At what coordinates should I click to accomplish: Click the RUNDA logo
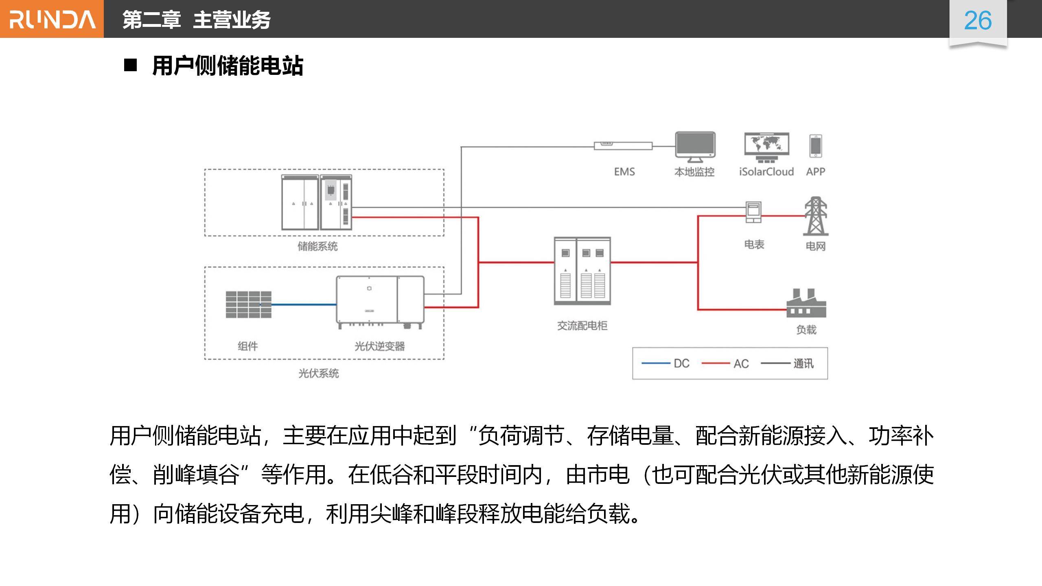[x=52, y=19]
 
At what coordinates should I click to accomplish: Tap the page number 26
[x=978, y=21]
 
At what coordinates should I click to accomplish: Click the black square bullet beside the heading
[x=130, y=65]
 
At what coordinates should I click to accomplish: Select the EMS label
[x=624, y=172]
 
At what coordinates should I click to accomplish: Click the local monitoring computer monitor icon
[x=695, y=146]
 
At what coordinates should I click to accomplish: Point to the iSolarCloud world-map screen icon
[x=766, y=146]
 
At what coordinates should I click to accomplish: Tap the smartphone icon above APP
[x=816, y=146]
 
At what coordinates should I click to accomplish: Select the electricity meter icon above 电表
[x=753, y=212]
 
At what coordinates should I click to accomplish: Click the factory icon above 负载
[x=806, y=303]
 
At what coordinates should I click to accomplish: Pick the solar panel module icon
[x=249, y=304]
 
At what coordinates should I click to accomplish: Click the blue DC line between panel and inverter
[x=304, y=304]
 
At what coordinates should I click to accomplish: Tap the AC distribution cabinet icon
[x=582, y=271]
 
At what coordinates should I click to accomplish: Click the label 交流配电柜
[x=582, y=326]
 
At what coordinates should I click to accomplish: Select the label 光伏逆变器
[x=379, y=346]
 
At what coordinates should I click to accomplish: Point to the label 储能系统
[x=317, y=246]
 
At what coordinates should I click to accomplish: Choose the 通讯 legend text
[x=803, y=363]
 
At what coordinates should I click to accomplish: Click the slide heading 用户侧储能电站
[x=228, y=66]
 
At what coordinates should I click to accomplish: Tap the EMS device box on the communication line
[x=623, y=146]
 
